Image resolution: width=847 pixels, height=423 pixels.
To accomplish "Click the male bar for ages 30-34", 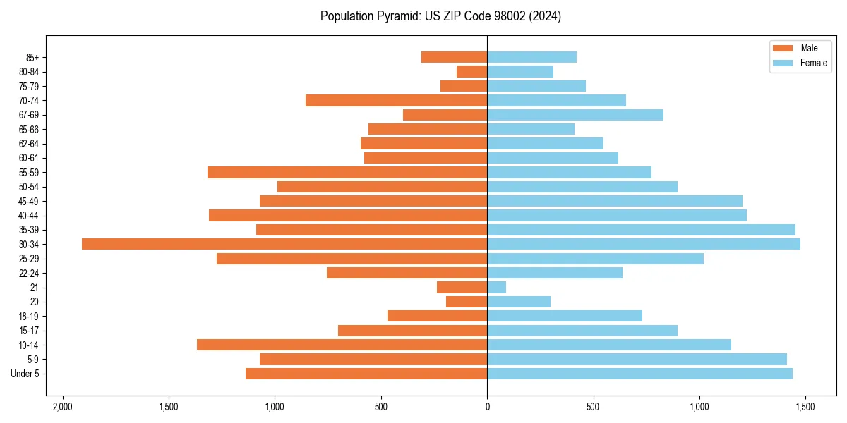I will pos(284,244).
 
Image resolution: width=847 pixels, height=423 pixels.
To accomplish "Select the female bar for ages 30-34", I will pos(644,244).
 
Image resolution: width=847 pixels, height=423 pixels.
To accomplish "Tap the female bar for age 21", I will pos(497,287).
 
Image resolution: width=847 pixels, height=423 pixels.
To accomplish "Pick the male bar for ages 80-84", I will pos(472,71).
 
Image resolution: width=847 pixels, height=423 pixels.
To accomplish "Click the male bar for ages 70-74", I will pos(397,100).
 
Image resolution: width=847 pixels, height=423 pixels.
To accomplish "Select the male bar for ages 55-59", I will pos(347,172).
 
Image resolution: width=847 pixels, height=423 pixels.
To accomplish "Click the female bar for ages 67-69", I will pos(575,115).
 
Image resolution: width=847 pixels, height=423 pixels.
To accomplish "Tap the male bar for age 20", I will pos(467,302).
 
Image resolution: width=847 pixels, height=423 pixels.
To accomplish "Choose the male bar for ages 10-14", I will pos(342,345).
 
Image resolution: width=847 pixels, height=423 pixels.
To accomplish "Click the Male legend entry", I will pos(795,48).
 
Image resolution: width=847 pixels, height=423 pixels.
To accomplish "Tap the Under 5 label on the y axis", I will pos(25,374).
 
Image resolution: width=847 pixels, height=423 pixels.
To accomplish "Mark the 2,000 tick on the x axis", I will pos(63,407).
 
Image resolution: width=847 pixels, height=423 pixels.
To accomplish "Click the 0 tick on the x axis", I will pos(487,407).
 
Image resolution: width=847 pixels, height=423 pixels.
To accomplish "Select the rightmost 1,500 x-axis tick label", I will pos(805,407).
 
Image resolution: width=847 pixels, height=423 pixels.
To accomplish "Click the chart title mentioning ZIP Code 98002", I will pos(440,16).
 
